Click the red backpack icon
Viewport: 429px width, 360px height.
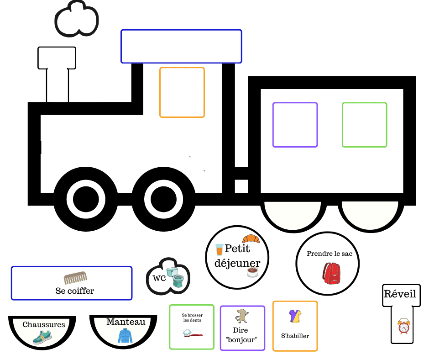coord(331,273)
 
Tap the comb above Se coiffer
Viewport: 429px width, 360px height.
coord(75,277)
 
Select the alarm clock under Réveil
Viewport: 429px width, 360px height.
coord(403,326)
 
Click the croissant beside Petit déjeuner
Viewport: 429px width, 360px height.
coord(251,239)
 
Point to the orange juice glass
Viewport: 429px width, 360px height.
coord(220,249)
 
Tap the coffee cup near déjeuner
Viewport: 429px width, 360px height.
coord(252,273)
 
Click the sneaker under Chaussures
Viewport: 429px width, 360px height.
coord(42,338)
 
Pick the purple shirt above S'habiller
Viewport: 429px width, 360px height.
coord(294,316)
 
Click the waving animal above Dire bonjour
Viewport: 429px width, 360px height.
coord(242,316)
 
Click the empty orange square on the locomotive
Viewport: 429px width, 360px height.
coord(182,92)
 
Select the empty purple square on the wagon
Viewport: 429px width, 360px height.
coord(295,125)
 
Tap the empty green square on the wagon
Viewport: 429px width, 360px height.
coord(364,125)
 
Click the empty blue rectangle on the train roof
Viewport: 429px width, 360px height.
coord(181,46)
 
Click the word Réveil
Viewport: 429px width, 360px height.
coord(400,294)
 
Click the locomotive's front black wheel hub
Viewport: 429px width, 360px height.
coord(85,199)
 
